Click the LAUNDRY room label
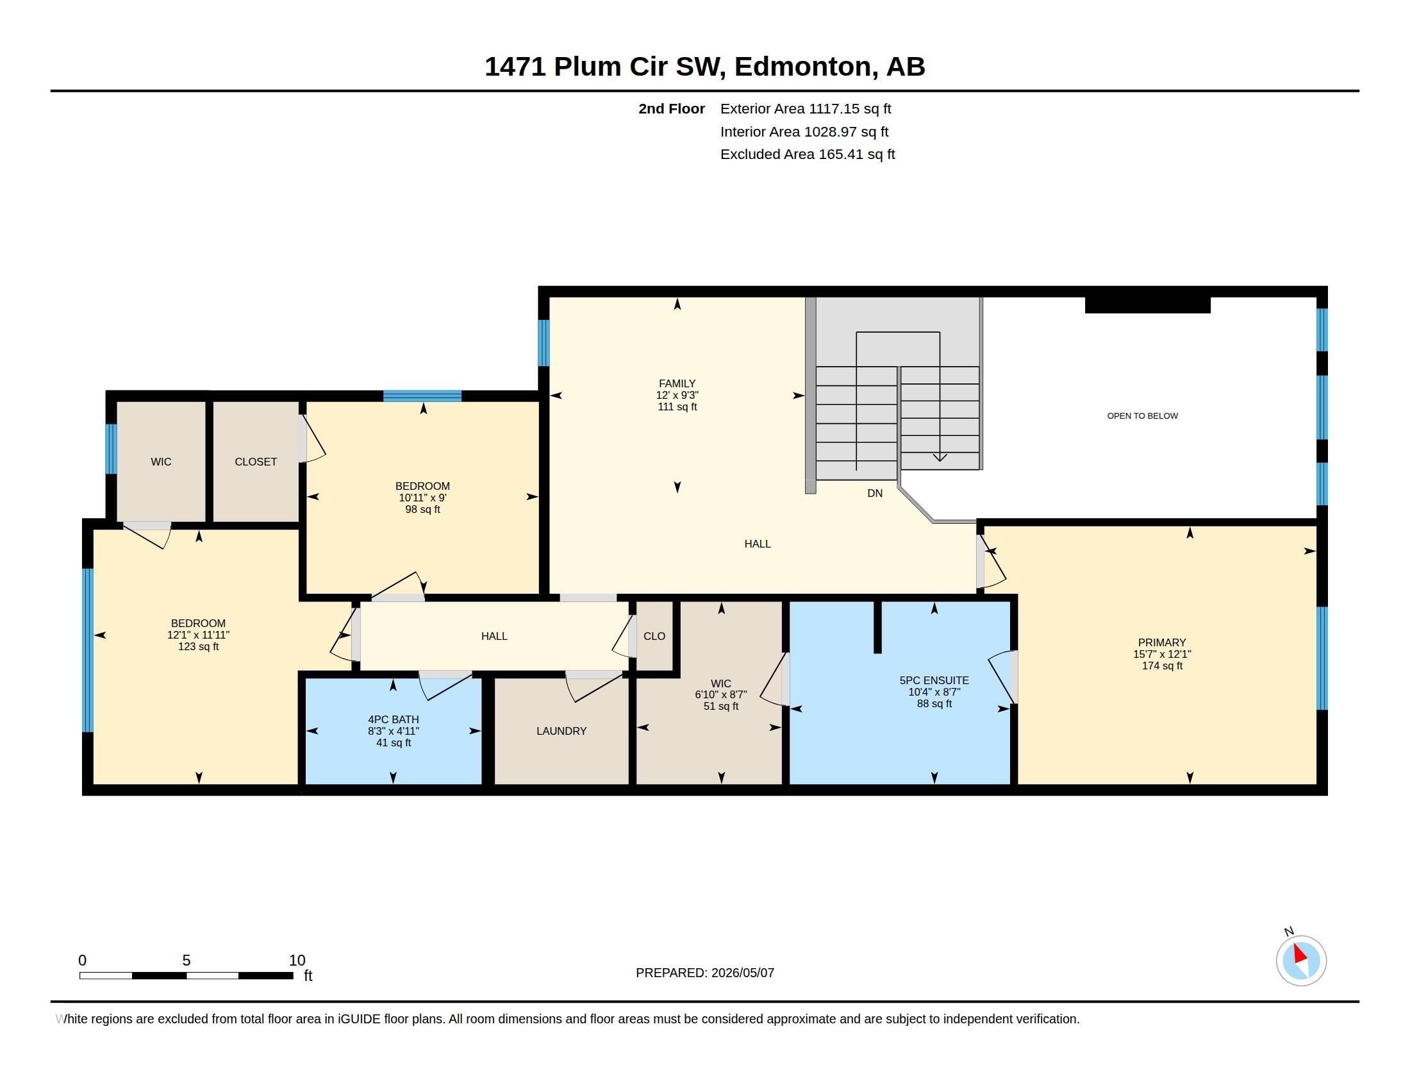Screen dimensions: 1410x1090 click(561, 731)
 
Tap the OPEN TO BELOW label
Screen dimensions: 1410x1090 click(1142, 416)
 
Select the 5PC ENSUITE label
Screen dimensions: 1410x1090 click(934, 680)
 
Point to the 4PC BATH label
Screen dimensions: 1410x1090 click(393, 719)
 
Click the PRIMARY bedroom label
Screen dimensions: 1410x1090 click(1161, 642)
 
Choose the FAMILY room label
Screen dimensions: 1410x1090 click(677, 383)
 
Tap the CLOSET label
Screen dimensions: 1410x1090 click(256, 462)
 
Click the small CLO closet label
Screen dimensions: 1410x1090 click(654, 636)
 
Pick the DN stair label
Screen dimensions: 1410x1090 click(875, 493)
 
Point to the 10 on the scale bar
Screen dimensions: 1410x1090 click(297, 960)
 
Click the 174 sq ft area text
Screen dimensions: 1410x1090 click(1162, 666)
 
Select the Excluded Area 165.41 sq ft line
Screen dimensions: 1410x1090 click(808, 155)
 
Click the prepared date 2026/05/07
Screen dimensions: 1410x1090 click(742, 973)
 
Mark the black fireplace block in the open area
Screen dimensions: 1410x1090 click(1147, 305)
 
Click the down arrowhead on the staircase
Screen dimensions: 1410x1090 click(940, 457)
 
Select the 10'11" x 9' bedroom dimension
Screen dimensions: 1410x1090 click(423, 498)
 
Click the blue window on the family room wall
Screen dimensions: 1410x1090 click(543, 343)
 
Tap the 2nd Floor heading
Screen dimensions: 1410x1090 click(672, 109)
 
